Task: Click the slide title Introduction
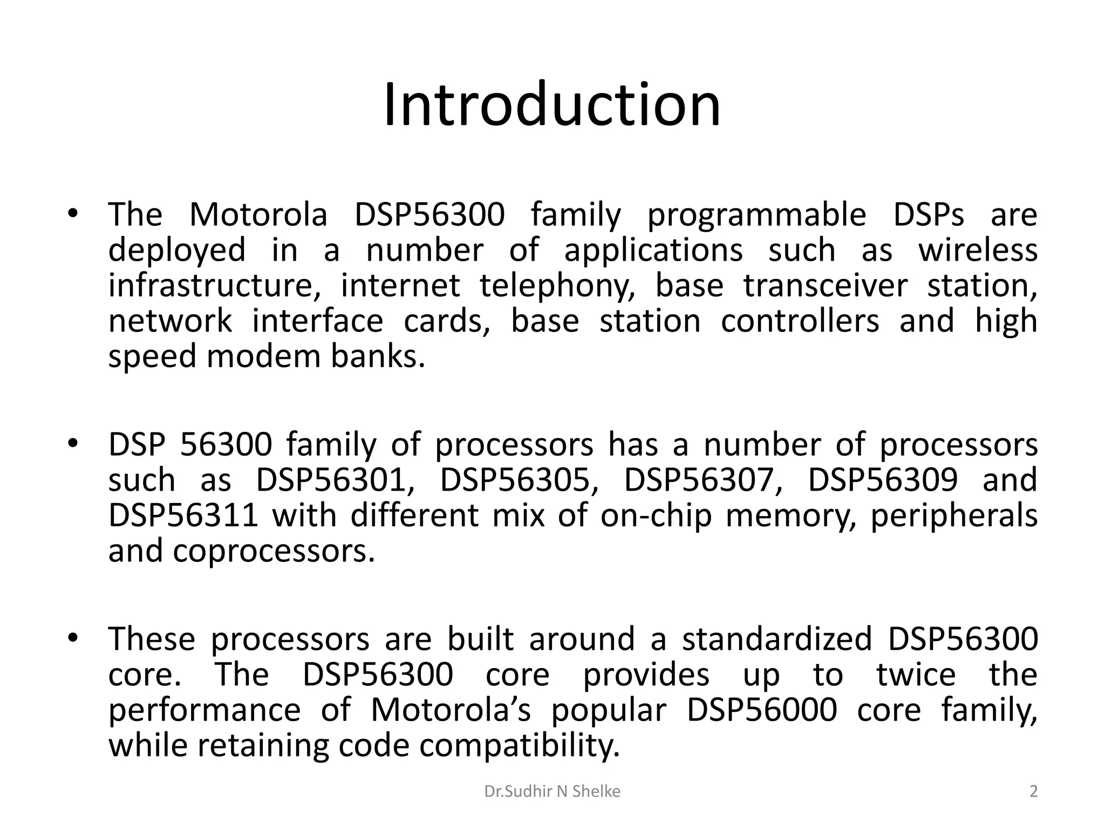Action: (552, 105)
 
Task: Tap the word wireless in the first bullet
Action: (978, 250)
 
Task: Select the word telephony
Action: (557, 286)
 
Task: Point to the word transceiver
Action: (826, 286)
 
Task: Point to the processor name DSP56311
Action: (183, 515)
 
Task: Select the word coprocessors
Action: (274, 551)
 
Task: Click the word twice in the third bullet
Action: (916, 675)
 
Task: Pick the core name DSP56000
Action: (762, 710)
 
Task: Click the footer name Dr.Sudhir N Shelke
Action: (552, 792)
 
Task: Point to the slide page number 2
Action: (1033, 792)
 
